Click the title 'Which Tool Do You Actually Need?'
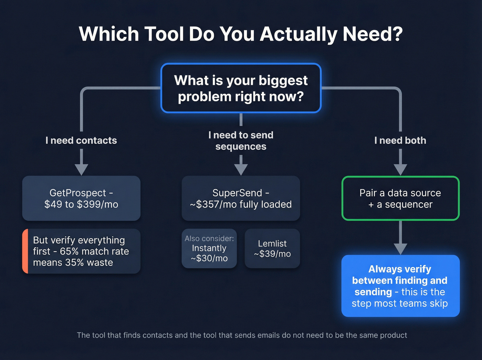coord(241,34)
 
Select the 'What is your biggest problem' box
coord(241,88)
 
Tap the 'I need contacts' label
coord(81,141)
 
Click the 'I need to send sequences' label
coord(241,141)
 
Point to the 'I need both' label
coord(400,141)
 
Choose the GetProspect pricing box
coord(81,198)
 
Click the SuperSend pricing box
coord(241,198)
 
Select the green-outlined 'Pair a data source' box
coord(400,198)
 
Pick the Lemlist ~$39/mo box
coord(272,249)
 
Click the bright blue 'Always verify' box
coord(400,286)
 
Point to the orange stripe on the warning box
coord(25,251)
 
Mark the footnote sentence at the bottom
coord(242,335)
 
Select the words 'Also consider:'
coord(209,238)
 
